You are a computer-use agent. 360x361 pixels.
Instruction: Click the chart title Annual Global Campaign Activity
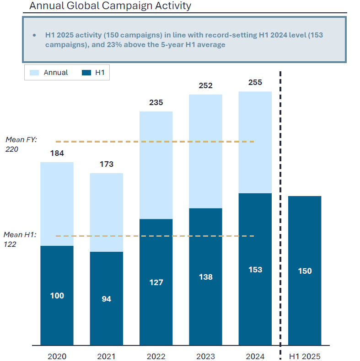pos(110,6)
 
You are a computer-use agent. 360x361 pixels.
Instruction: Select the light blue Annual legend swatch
pos(34,73)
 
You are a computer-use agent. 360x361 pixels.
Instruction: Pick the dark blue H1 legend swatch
pos(87,73)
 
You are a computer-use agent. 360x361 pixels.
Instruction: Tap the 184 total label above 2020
pos(57,153)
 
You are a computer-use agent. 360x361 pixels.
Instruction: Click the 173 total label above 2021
pos(106,164)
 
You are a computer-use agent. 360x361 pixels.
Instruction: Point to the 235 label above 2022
pos(156,102)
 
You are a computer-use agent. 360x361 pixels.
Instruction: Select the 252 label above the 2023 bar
pos(205,85)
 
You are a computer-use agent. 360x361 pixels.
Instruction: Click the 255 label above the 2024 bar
pos(255,83)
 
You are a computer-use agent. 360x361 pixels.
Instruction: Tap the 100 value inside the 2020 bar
pos(57,296)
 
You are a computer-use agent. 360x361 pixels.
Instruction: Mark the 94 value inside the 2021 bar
pos(106,299)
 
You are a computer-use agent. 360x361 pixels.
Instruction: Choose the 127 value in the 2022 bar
pos(156,282)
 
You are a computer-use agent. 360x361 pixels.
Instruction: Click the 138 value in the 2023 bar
pos(205,277)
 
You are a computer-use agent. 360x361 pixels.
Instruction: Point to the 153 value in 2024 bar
pos(255,270)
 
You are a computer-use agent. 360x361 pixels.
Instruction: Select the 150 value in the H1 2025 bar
pos(304,271)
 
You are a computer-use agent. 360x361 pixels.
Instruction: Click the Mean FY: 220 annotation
pos(21,144)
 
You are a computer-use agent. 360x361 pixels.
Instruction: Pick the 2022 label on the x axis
pos(156,356)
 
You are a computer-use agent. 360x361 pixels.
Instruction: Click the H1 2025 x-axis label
pos(304,356)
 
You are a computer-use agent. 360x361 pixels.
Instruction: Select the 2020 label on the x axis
pos(57,356)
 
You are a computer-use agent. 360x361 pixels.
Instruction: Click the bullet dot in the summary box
pos(34,35)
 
